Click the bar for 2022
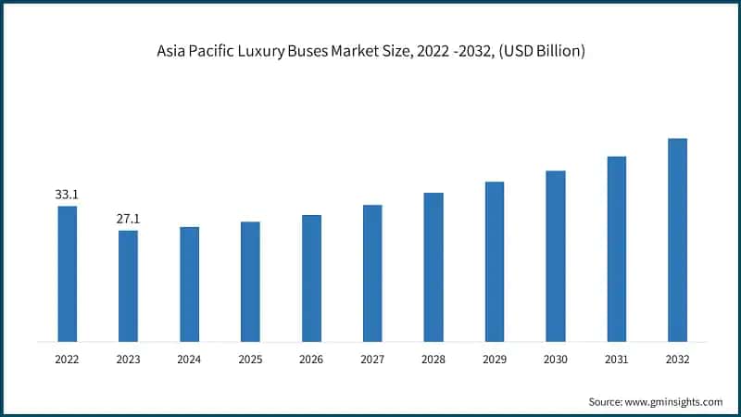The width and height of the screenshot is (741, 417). click(67, 273)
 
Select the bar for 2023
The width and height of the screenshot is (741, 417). click(128, 285)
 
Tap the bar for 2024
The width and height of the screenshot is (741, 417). click(189, 284)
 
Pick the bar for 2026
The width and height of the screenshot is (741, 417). click(311, 278)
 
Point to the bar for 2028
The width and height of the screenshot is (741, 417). click(433, 267)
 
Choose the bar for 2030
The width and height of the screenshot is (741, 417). click(556, 256)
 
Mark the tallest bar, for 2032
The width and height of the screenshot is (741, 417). click(678, 240)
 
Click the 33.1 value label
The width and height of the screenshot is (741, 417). click(67, 195)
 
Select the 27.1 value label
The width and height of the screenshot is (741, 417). click(128, 219)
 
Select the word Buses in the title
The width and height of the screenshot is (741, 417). click(345, 52)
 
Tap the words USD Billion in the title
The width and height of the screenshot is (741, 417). click(546, 52)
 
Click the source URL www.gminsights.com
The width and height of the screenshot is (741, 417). click(677, 401)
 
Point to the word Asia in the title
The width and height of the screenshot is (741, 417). click(173, 52)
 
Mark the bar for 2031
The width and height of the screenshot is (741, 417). click(617, 248)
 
